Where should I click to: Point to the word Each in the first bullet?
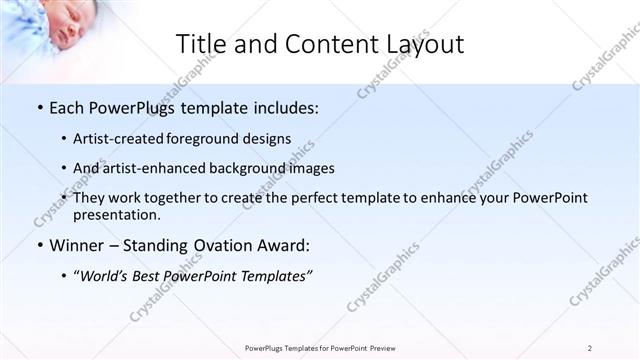68,107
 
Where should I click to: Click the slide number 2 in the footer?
590,348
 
